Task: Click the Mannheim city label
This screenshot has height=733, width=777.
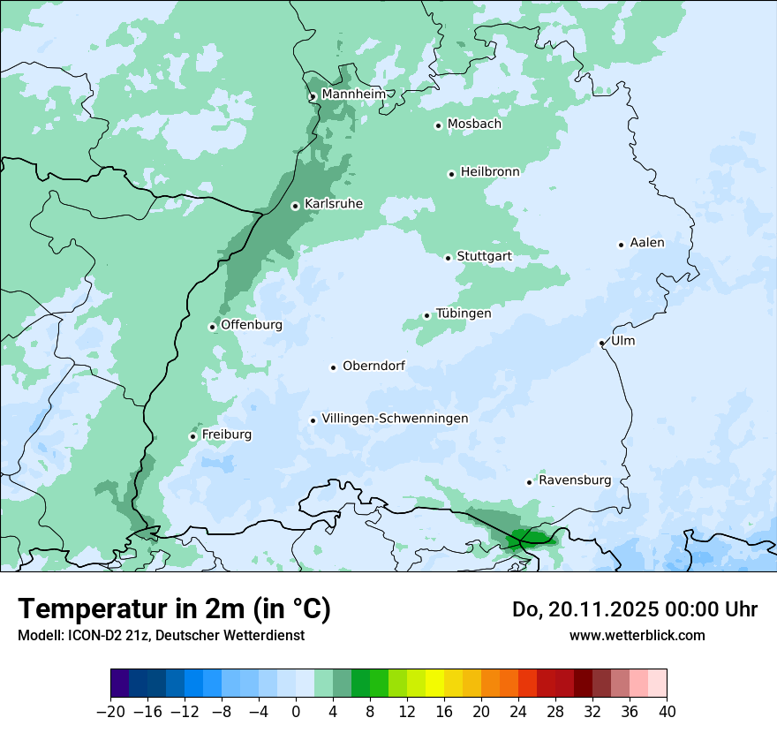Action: point(353,94)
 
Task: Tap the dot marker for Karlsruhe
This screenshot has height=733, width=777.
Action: point(295,207)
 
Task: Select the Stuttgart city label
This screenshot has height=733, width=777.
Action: point(484,256)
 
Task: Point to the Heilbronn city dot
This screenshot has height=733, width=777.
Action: point(451,174)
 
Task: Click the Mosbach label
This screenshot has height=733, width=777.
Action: point(474,124)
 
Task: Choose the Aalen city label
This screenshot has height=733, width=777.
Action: point(647,242)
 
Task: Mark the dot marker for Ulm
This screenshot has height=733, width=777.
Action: point(601,343)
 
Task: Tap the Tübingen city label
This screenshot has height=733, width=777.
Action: point(464,314)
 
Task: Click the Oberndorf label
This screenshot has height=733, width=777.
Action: point(373,366)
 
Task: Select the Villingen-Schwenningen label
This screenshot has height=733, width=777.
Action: point(395,419)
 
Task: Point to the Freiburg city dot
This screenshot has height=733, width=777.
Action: point(192,436)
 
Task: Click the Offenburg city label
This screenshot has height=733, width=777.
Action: point(252,325)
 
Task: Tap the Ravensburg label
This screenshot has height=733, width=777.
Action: point(575,480)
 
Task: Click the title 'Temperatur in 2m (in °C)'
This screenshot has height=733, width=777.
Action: point(174,608)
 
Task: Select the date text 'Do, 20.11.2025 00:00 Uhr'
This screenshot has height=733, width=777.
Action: point(635,609)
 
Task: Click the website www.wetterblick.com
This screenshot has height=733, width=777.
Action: point(637,635)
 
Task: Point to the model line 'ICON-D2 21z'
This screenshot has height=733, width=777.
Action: point(161,635)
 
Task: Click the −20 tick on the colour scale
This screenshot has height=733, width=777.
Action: point(111,712)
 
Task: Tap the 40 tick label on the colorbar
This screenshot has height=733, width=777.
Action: point(667,712)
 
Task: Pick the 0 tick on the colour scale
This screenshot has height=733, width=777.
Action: point(296,712)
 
